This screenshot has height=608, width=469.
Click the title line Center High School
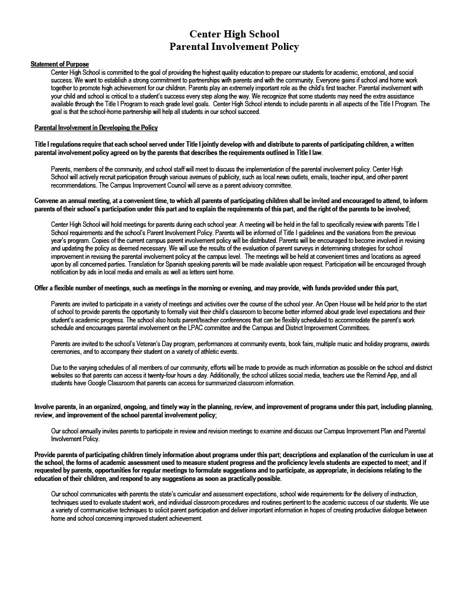234,34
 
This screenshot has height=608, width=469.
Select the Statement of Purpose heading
59,64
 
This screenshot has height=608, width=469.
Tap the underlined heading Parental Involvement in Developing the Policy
95,128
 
